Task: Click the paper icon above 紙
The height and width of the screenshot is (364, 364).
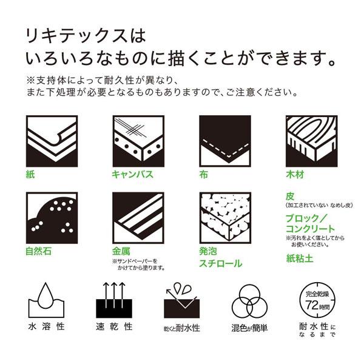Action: [51, 140]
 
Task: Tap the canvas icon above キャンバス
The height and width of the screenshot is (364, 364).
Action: [138, 140]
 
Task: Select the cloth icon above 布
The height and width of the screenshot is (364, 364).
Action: [225, 140]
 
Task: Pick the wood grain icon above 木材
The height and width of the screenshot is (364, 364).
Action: [311, 140]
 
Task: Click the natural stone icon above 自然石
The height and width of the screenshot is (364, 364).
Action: [51, 218]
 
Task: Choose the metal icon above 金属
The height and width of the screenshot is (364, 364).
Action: [138, 218]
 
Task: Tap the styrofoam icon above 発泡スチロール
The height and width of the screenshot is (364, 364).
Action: [225, 218]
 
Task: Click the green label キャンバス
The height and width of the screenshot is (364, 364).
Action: [132, 175]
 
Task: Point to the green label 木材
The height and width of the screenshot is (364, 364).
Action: [295, 175]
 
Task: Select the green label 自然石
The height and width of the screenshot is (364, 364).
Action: [38, 251]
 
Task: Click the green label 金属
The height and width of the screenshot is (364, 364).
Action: [121, 251]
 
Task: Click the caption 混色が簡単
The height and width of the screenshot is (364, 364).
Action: [249, 328]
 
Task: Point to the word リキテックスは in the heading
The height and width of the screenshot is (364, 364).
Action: [87, 35]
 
